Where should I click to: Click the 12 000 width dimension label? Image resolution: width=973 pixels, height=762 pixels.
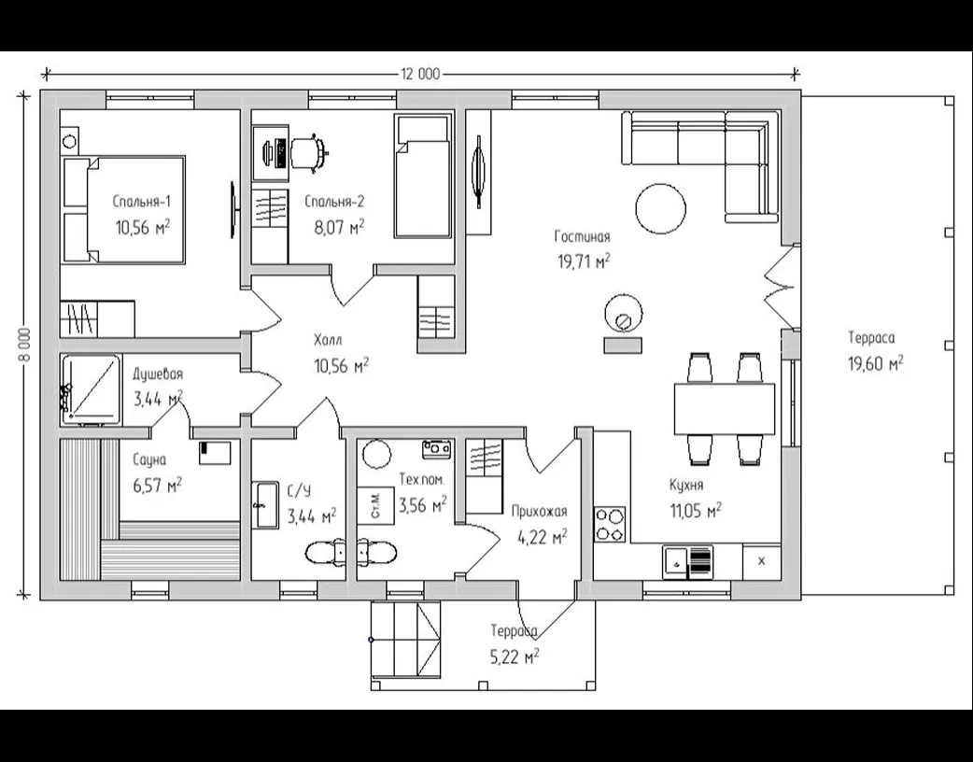coord(420,75)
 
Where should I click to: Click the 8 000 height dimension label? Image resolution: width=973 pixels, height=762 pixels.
coord(25,347)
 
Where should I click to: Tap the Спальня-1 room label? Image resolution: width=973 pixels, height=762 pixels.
coord(142,201)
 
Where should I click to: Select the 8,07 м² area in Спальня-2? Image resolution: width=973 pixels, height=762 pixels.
coord(340,227)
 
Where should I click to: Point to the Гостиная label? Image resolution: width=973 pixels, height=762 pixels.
coord(582,236)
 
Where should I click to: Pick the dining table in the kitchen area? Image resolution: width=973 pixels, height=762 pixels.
coord(725,410)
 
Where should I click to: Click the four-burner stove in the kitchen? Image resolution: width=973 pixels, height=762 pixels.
coord(611,524)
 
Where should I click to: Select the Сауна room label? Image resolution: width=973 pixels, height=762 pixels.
coord(149,459)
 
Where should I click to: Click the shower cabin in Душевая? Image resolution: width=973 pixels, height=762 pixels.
coord(92,390)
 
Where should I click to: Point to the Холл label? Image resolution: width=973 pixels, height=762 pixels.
coord(328,340)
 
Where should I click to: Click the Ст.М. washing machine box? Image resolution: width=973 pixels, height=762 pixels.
coord(376,505)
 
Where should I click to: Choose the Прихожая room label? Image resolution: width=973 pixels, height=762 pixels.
coord(539,512)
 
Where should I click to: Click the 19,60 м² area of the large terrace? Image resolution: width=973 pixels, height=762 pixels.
coord(876,363)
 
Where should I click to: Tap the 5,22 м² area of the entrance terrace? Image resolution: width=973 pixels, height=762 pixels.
coord(515,656)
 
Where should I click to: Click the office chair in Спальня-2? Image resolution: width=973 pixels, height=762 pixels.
coord(308,150)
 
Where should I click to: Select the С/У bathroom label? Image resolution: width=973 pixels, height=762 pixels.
coord(299,491)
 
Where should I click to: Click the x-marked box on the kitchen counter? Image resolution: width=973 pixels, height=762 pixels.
coord(762,561)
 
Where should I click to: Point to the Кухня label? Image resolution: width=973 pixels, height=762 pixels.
coord(686,485)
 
